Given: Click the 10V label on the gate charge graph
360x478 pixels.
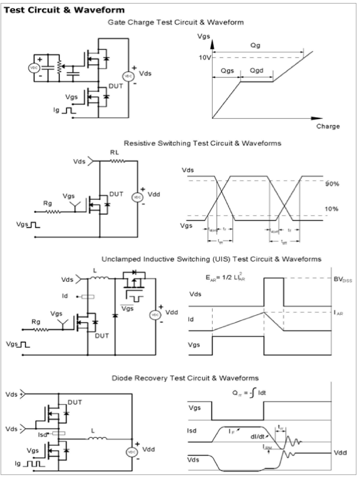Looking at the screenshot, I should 204,57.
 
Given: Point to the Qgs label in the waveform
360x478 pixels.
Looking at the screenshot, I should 226,70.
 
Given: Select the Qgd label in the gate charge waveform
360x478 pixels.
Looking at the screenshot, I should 257,70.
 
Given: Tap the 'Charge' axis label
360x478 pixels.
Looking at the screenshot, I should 328,126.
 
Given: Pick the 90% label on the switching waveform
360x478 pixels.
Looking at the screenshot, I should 331,184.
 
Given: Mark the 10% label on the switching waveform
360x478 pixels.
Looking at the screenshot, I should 331,209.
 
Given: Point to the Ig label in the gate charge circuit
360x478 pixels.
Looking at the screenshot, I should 56,110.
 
